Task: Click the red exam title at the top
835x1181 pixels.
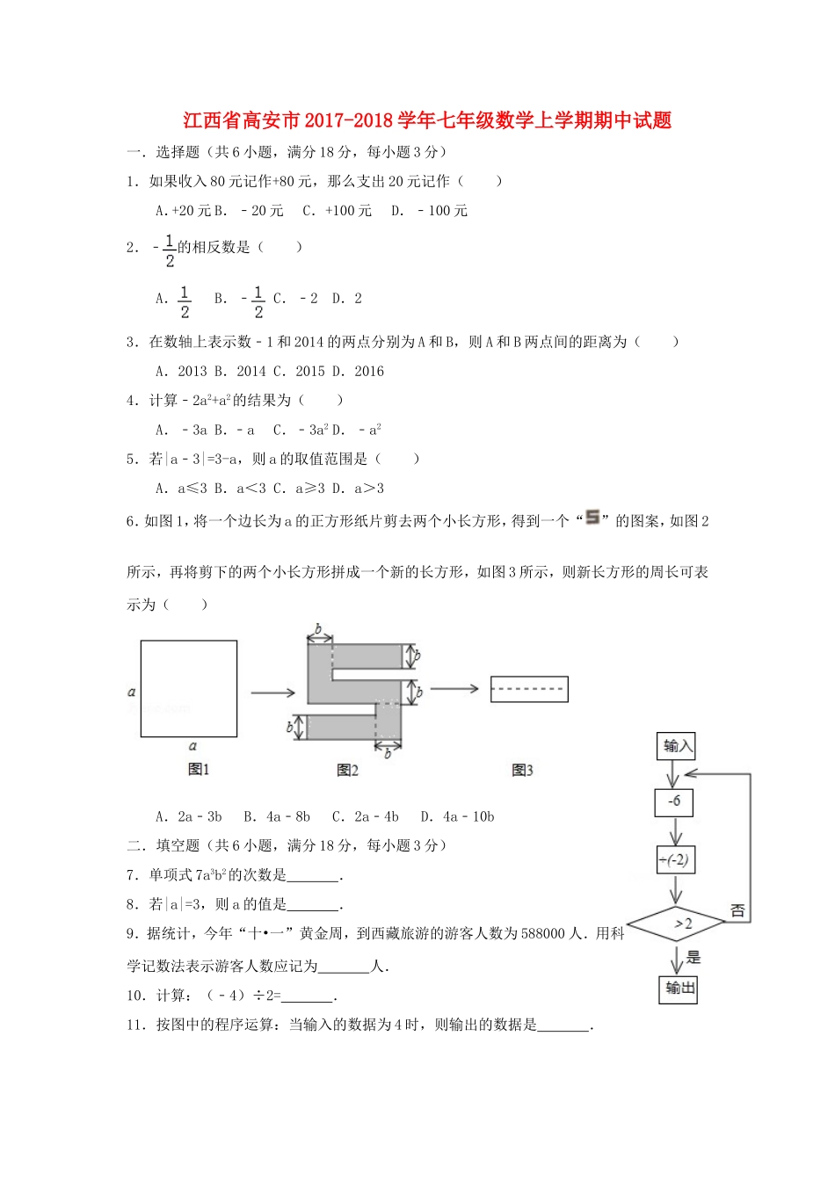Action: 427,120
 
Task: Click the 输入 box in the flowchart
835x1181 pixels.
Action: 677,746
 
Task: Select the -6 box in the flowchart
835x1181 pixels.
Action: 675,802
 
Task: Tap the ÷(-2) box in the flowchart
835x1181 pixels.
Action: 675,859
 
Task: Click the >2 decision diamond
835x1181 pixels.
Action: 676,924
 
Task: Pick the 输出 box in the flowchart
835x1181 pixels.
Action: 679,989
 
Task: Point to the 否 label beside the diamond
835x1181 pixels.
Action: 737,910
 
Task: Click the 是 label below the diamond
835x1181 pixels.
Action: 694,957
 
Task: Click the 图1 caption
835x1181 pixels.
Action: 199,769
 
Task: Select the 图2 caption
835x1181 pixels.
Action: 348,770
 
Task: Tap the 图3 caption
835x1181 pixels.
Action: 522,770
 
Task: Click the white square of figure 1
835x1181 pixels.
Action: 189,688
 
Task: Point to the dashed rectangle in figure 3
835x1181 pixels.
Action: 528,689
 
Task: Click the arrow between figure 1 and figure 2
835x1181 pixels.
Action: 273,693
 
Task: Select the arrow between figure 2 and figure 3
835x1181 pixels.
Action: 454,688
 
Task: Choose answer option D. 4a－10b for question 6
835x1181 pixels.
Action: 457,816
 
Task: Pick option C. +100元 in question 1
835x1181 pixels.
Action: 338,211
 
